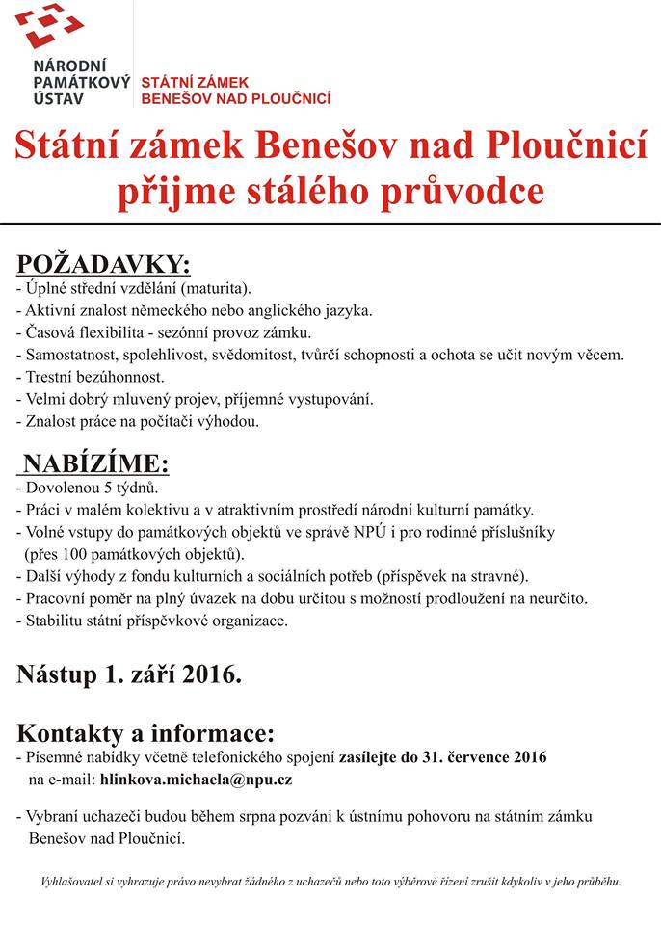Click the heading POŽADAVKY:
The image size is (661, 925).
[104, 265]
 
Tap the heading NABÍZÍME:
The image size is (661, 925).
[97, 463]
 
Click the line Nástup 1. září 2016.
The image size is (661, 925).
[128, 674]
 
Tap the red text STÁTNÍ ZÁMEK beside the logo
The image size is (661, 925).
[196, 83]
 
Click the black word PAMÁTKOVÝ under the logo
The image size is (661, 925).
[82, 83]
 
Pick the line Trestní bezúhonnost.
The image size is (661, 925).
[92, 377]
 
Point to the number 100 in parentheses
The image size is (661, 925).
[81, 554]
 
